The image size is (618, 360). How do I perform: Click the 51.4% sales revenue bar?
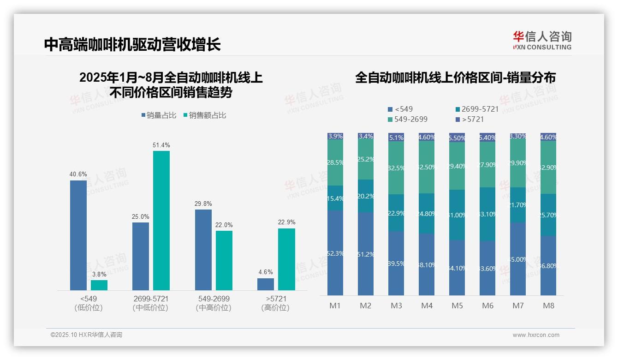pyautogui.click(x=161, y=220)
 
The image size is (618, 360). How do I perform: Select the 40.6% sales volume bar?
pyautogui.click(x=78, y=235)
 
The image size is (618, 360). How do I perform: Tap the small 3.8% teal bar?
pyautogui.click(x=99, y=285)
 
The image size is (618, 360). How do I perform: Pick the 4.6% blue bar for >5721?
pyautogui.click(x=266, y=284)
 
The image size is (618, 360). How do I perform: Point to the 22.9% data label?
pyautogui.click(x=286, y=222)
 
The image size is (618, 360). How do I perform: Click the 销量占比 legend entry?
pyautogui.click(x=159, y=115)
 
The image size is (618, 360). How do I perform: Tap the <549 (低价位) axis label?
pyautogui.click(x=89, y=303)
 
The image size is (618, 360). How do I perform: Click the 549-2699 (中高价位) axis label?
pyautogui.click(x=213, y=303)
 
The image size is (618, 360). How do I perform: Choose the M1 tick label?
pyautogui.click(x=335, y=306)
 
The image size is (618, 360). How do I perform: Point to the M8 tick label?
pyautogui.click(x=548, y=306)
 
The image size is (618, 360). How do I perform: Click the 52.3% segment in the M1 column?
pyautogui.click(x=335, y=253)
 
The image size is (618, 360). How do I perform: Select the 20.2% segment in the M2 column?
pyautogui.click(x=366, y=196)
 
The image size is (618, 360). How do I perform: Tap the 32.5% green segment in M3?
pyautogui.click(x=396, y=168)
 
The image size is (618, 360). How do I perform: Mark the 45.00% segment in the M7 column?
pyautogui.click(x=518, y=259)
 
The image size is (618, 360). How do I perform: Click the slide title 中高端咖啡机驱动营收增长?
pyautogui.click(x=132, y=44)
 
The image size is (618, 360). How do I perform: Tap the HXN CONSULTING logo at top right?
pyautogui.click(x=542, y=40)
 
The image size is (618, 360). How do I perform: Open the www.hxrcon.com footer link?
pyautogui.click(x=536, y=335)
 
